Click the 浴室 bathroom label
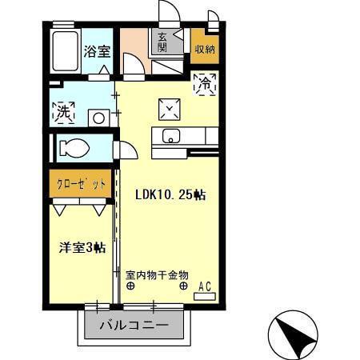click(x=98, y=51)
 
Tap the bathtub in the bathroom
click(x=64, y=53)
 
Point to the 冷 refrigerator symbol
click(x=205, y=82)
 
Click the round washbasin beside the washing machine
click(x=98, y=117)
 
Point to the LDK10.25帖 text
click(x=169, y=194)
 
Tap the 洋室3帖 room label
click(x=80, y=247)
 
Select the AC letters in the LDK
click(x=204, y=285)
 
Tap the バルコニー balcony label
click(x=134, y=326)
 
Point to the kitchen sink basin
click(x=172, y=136)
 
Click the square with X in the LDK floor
click(x=170, y=106)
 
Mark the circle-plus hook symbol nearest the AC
click(x=184, y=286)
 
